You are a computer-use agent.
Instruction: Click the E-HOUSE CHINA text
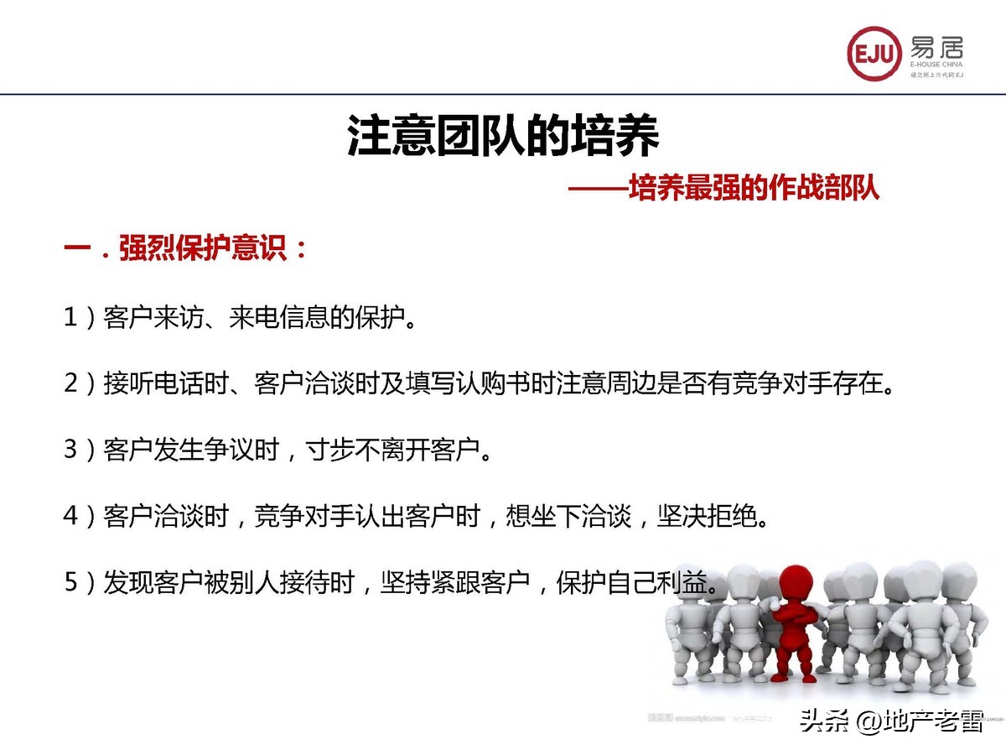936,65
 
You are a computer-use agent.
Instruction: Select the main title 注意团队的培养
503,137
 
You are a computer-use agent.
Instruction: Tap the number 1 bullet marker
71,320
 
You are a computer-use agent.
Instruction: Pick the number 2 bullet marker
71,384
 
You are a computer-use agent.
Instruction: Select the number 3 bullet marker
71,450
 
